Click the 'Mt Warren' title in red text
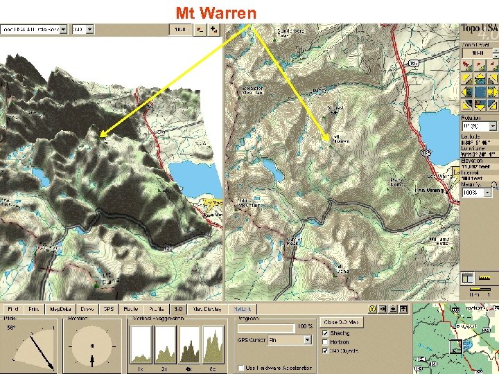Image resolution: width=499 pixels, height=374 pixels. tap(216, 12)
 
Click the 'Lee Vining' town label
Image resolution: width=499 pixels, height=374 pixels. tap(429, 191)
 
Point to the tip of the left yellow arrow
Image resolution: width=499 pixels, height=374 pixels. tap(99, 136)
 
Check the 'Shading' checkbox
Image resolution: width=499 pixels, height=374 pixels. tap(326, 333)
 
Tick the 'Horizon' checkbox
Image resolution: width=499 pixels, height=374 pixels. tap(326, 341)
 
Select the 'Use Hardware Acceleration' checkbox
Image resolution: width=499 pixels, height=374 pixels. tap(240, 367)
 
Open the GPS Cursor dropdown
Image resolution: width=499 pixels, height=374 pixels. tap(307, 340)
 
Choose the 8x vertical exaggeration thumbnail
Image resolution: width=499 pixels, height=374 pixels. tap(213, 344)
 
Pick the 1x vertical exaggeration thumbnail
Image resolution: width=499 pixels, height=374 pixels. tap(141, 344)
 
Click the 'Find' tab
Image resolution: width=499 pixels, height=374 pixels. tap(12, 308)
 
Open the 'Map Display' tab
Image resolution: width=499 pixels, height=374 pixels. tap(207, 308)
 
